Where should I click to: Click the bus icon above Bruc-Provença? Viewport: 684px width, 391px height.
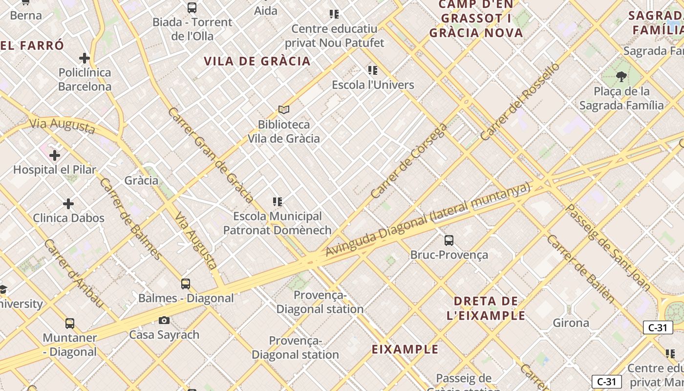(449, 240)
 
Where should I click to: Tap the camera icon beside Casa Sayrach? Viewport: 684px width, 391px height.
(164, 321)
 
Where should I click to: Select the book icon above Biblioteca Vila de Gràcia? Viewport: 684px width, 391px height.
(284, 109)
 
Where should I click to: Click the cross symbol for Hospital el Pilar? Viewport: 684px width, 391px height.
(55, 155)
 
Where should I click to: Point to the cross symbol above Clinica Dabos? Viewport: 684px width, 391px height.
(68, 203)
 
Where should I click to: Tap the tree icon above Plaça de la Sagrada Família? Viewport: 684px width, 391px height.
(621, 76)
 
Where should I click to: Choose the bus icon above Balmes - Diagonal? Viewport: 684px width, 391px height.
(186, 284)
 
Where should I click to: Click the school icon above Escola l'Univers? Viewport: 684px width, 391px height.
(373, 70)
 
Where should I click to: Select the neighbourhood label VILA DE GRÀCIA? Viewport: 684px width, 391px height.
(257, 61)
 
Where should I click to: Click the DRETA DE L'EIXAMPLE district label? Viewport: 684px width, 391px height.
(486, 308)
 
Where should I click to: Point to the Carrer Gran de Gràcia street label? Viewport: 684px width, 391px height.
(210, 155)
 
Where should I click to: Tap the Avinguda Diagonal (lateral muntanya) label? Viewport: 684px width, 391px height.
(427, 219)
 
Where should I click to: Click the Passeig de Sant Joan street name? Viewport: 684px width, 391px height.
(607, 247)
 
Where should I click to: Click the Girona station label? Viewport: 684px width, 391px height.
(571, 323)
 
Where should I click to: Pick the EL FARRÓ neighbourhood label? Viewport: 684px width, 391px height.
(32, 46)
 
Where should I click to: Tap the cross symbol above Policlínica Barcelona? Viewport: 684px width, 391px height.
(85, 58)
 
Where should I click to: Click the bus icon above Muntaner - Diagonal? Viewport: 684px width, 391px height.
(70, 324)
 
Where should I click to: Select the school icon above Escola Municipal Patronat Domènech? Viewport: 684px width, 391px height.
(278, 202)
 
